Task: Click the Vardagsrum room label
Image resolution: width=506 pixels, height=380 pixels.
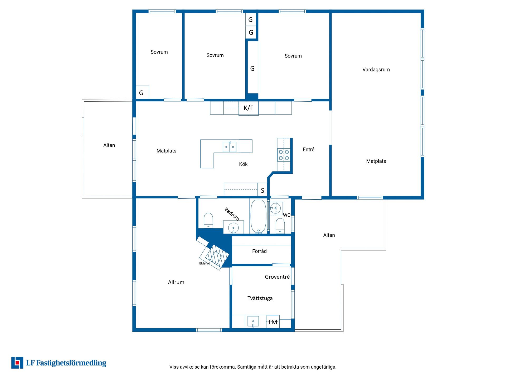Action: coord(376,70)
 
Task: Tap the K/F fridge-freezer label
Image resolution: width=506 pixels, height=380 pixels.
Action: coord(248,108)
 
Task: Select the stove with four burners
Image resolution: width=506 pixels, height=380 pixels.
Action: coord(284,155)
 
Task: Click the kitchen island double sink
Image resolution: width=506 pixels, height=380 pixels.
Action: coord(230,147)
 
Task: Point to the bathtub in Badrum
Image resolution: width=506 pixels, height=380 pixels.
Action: coord(258,216)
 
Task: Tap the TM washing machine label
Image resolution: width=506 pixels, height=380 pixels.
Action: coord(273,322)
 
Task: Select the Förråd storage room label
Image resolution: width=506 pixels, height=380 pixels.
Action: coord(259,251)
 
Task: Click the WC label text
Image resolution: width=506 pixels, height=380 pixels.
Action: coord(287,215)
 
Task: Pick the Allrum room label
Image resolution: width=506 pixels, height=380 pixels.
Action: coord(176,282)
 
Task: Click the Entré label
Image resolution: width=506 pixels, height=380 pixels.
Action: coord(308,150)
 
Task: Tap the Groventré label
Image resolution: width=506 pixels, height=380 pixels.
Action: coord(277,277)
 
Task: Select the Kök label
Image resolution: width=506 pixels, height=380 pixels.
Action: coord(243,164)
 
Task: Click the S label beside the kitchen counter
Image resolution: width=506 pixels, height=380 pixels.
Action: coord(262,191)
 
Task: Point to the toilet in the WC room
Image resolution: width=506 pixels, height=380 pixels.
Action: coord(280,226)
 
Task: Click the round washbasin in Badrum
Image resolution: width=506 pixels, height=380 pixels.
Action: coord(233,227)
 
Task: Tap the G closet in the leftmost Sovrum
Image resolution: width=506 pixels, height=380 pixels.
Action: coord(142,92)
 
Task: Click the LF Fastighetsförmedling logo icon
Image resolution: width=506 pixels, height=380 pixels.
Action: coord(17,363)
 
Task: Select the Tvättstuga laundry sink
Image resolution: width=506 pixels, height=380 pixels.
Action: coord(253,322)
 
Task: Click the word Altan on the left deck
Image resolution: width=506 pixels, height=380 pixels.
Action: coord(109,145)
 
